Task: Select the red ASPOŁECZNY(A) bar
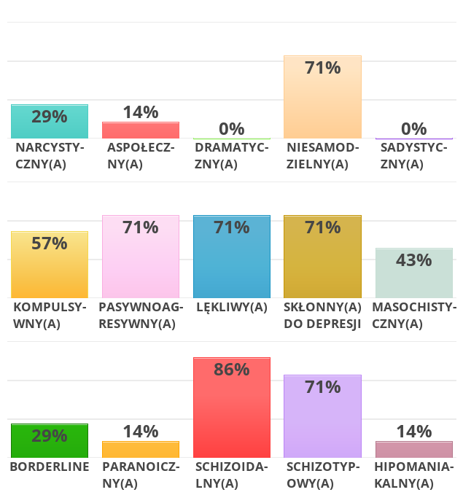141,130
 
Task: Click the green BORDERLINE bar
50,440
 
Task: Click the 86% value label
232,370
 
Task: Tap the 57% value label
50,243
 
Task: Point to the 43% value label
413,260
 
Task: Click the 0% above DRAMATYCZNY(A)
232,129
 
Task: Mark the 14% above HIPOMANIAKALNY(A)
413,432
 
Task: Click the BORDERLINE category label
50,467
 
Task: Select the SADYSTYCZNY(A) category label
413,156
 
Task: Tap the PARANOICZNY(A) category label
141,475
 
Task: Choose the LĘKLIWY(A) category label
232,307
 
